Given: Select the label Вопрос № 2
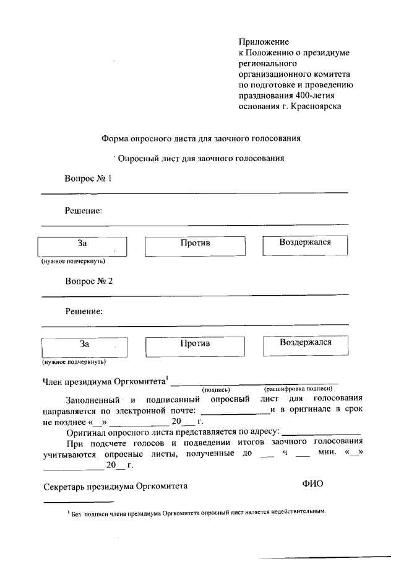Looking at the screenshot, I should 89,281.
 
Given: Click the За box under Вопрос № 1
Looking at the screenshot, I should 82,246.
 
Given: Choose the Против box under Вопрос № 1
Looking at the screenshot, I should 196,246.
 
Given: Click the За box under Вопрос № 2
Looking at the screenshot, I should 85,347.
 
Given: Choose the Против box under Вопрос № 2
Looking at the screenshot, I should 196,346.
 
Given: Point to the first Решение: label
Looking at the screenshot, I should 84,211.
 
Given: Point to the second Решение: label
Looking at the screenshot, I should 84,311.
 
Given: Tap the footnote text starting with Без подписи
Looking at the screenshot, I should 198,513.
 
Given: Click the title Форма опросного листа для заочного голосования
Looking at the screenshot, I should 201,139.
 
